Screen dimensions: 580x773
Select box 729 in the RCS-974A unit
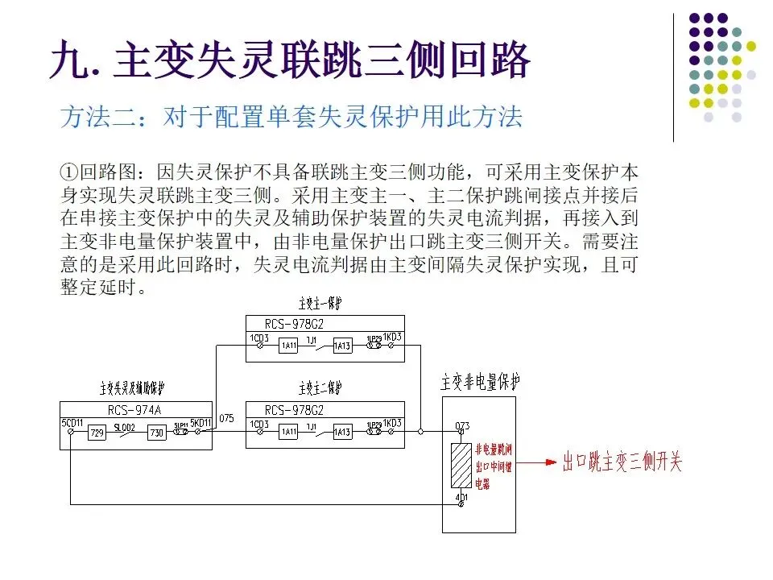[97, 433]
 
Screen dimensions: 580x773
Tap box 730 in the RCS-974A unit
[156, 433]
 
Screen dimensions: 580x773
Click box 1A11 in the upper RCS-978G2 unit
[288, 346]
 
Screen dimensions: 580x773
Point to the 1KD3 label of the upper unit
[392, 337]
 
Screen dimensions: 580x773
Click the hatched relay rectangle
[461, 466]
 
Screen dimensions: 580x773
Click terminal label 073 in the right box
[462, 425]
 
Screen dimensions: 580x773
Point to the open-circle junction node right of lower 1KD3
[420, 433]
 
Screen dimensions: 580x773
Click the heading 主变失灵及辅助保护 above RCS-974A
[132, 389]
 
